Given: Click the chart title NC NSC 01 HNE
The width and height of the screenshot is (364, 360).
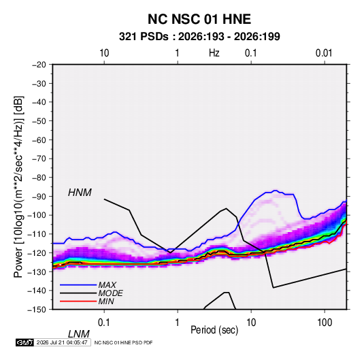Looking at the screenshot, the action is click(199, 19).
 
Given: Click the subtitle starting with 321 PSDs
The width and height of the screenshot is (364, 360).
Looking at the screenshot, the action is click(199, 37).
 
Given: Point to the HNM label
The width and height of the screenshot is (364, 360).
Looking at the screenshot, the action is click(80, 193).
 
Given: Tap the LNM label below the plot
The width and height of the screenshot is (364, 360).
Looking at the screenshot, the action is click(78, 334).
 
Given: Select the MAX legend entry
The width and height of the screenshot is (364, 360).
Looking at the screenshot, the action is click(107, 285).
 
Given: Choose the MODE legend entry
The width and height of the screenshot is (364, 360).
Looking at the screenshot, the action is click(110, 293).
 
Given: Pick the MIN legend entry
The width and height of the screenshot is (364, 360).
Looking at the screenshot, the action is click(106, 301).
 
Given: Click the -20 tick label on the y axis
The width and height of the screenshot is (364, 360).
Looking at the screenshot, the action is click(39, 65).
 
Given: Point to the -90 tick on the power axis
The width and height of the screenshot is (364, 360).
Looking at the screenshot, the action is click(39, 196).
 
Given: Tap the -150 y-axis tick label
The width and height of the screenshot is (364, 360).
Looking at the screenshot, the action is click(37, 310).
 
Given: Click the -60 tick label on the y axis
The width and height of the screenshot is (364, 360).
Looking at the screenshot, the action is click(39, 140).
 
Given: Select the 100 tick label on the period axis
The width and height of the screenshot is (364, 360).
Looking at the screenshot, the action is click(325, 323).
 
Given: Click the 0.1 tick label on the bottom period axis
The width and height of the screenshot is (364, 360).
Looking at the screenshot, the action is click(104, 323).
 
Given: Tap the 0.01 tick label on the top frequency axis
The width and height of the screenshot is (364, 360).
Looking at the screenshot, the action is click(324, 53).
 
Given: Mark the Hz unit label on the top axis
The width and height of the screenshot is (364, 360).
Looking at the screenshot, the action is click(214, 53).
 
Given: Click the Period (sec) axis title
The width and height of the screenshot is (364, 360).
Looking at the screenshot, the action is click(214, 330).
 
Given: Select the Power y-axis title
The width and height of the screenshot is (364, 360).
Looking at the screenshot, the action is click(18, 187).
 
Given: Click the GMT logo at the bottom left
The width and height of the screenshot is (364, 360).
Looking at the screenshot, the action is click(24, 342).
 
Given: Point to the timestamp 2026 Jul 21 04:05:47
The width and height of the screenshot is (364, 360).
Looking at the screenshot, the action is click(62, 342).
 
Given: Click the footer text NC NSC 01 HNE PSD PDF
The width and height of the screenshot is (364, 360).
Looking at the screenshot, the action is click(124, 342).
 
